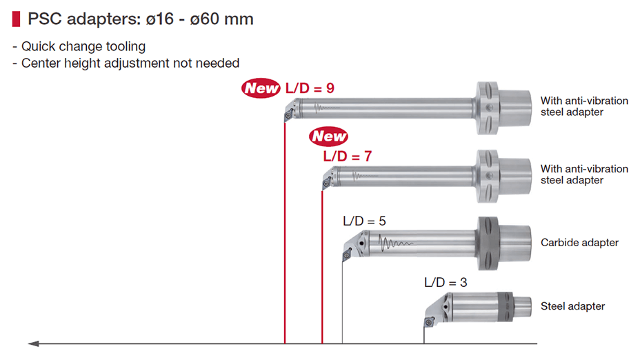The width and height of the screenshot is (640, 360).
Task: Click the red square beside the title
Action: click(x=17, y=19)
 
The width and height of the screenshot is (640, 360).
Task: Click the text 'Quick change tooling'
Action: click(x=83, y=46)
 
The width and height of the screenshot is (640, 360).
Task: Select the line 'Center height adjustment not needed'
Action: click(x=130, y=63)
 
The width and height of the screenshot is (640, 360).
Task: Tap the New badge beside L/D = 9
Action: click(x=261, y=88)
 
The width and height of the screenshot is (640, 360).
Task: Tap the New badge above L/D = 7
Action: click(x=328, y=136)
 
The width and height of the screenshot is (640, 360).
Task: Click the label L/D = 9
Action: click(x=310, y=88)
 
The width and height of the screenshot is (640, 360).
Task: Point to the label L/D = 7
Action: click(x=348, y=156)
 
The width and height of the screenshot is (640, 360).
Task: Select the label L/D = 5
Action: click(x=364, y=221)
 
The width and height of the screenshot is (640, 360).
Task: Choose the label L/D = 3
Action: click(x=446, y=283)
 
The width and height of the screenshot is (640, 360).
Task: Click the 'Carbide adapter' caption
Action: click(x=579, y=243)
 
